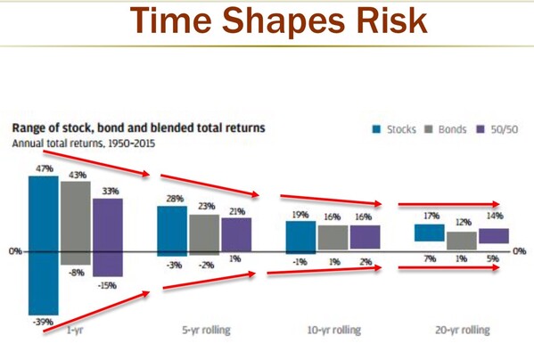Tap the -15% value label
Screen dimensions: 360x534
108,286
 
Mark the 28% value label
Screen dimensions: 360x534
172,198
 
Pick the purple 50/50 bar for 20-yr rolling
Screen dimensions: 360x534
494,236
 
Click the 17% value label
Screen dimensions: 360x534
431,216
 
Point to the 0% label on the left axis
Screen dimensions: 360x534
14,251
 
